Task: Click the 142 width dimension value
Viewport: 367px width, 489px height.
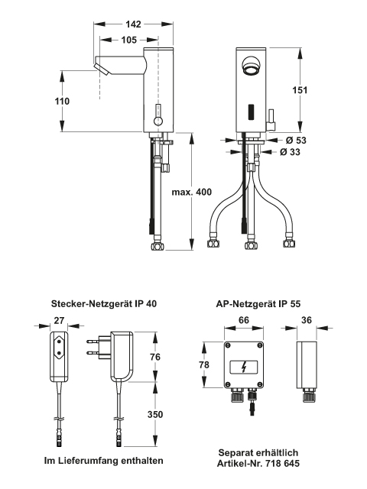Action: [x=133, y=24]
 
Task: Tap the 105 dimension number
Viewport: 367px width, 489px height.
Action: [x=129, y=40]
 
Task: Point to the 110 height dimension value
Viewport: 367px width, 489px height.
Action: [x=62, y=102]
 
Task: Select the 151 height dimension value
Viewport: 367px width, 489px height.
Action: [x=300, y=90]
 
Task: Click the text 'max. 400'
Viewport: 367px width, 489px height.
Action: [x=192, y=192]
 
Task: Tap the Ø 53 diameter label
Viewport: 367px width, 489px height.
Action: [x=296, y=141]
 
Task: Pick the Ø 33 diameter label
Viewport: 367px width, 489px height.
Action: [x=290, y=152]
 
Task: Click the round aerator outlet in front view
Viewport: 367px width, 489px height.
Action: [x=251, y=66]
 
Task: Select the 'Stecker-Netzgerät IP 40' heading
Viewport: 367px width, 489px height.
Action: [x=104, y=304]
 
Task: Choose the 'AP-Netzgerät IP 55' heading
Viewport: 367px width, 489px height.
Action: [x=258, y=304]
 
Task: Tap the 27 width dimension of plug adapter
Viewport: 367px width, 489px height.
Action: [x=59, y=321]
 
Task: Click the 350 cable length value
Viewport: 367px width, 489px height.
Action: [x=155, y=414]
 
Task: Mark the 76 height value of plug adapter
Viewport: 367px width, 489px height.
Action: [x=155, y=357]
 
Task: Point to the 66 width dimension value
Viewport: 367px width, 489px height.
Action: [x=244, y=320]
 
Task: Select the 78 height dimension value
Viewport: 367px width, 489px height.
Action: [x=204, y=364]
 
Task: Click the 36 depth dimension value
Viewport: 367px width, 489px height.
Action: [x=307, y=320]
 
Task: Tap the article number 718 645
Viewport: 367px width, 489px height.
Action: [x=283, y=464]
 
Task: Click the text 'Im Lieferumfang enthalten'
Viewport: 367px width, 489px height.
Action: [x=104, y=461]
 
